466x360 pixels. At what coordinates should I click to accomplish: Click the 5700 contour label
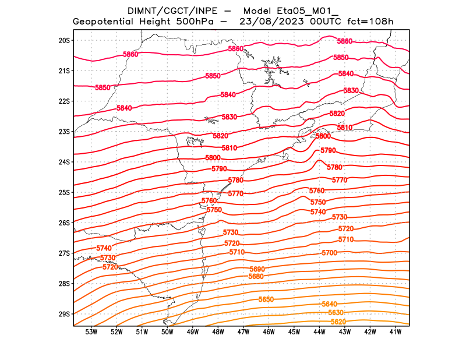point(329,253)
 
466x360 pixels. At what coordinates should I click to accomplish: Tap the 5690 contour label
point(257,269)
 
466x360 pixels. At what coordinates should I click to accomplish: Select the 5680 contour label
point(256,276)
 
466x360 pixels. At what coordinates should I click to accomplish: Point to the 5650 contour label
point(266,299)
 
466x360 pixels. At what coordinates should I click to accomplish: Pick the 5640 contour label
point(329,304)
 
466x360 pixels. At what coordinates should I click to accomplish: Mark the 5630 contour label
point(336,313)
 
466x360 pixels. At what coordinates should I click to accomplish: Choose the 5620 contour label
point(338,322)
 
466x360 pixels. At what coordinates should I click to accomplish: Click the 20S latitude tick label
point(64,40)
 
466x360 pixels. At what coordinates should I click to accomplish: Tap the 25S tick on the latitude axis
point(64,192)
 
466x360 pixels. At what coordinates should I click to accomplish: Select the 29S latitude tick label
point(64,314)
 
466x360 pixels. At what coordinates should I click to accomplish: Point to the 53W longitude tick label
point(91,333)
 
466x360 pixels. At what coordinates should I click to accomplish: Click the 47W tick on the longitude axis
point(243,333)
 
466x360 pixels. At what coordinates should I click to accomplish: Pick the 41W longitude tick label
point(396,333)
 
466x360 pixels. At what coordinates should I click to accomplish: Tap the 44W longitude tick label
point(319,333)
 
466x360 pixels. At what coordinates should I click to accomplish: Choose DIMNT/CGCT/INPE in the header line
point(170,11)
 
